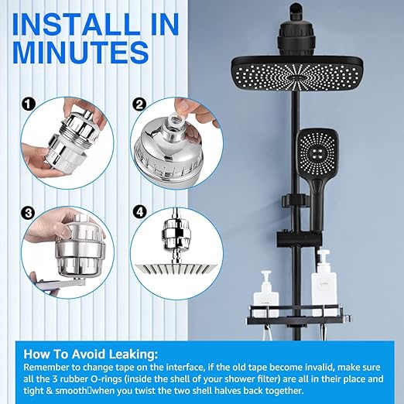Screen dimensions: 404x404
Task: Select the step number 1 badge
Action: pos(29,104)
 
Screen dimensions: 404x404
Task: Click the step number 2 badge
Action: pos(139,104)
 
